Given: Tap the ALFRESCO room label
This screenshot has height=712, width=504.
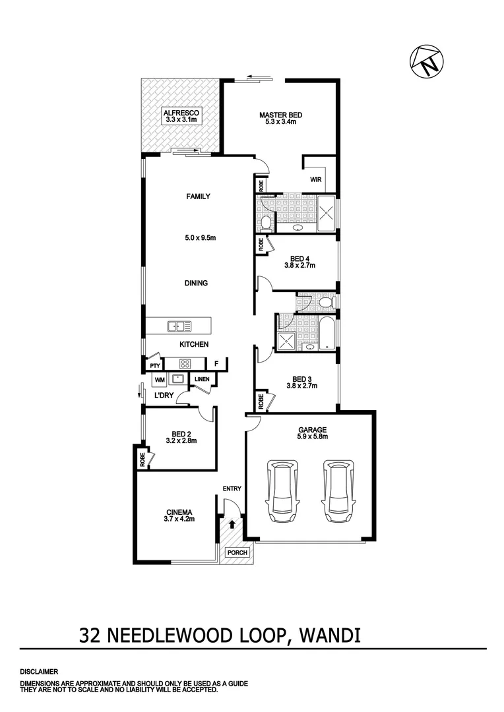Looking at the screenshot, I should pos(181,113).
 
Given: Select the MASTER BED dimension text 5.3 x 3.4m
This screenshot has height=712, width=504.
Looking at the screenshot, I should pos(280,122).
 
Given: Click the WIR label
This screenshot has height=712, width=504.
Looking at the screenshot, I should pos(315,179).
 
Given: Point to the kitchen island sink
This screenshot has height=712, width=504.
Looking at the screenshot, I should pos(179,326).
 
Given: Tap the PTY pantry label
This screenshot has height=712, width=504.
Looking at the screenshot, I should pos(155,366).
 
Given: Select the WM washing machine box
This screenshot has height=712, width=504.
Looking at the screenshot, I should pos(159,380).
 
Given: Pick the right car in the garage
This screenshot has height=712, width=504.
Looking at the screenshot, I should pos(338,491).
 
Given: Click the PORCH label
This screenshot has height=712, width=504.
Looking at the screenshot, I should pos(235,552).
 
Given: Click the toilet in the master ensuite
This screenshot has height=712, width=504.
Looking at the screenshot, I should pos(266,222).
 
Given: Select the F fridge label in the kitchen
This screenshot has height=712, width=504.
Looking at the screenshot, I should pos(216,364).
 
